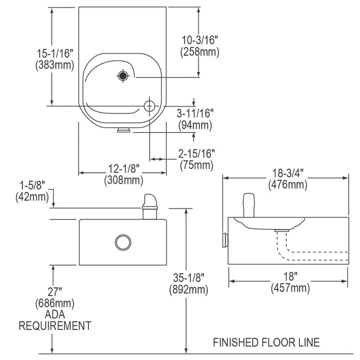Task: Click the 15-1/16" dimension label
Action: point(53,52)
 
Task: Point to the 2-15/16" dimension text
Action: point(197,154)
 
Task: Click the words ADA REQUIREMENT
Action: point(55,320)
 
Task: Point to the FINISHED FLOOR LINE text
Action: point(267,342)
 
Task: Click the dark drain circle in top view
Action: point(122,76)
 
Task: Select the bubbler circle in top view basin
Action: point(149,105)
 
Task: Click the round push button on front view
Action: point(123,241)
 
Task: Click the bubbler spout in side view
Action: point(248,205)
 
